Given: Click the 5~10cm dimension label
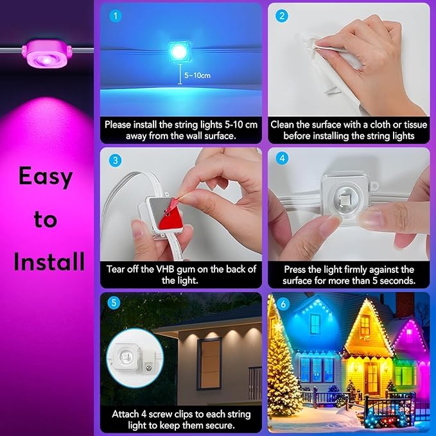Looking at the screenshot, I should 196,75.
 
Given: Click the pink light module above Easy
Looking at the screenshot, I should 44,51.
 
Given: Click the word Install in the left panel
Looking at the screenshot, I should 49,261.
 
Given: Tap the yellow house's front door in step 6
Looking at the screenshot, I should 371,379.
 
